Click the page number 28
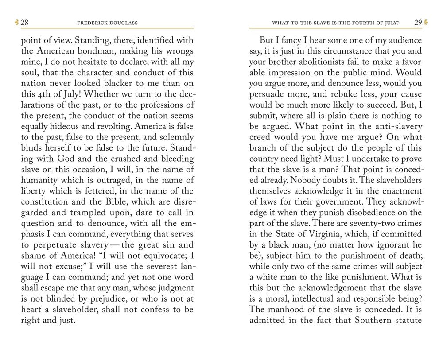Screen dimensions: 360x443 [x=25, y=22]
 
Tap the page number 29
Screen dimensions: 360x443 [x=418, y=22]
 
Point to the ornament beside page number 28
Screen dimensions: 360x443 [x=16, y=22]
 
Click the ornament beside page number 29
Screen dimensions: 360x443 [x=426, y=22]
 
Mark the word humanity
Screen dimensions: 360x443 [x=41, y=179]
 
